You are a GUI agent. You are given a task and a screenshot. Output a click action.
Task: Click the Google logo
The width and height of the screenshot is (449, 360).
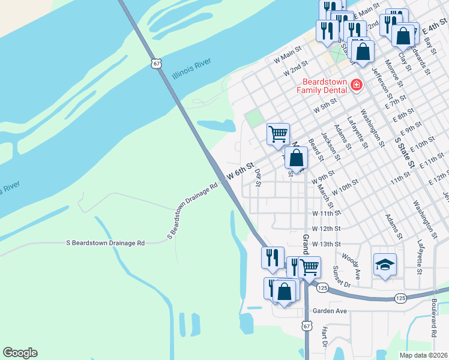(x=20, y=353)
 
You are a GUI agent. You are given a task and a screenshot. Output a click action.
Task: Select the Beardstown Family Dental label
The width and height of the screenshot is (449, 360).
(x=324, y=85)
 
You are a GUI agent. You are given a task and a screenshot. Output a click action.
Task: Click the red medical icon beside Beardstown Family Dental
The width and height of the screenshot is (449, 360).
(x=357, y=86)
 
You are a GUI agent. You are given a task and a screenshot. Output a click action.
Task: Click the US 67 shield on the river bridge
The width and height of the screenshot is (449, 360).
(x=156, y=63)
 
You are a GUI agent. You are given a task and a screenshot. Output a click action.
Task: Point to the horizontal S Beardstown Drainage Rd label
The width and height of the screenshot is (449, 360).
(x=105, y=243)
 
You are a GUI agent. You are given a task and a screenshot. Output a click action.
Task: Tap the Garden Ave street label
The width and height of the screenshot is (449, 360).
(x=330, y=311)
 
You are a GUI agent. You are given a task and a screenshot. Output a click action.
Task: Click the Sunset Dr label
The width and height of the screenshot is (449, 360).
(x=340, y=276)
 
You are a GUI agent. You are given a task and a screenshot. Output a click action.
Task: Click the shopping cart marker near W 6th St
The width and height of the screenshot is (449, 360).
(x=278, y=133)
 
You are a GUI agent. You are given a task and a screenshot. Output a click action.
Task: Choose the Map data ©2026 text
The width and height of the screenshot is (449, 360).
(x=424, y=355)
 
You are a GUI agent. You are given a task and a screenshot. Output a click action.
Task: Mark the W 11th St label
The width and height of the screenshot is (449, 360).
(x=326, y=214)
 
